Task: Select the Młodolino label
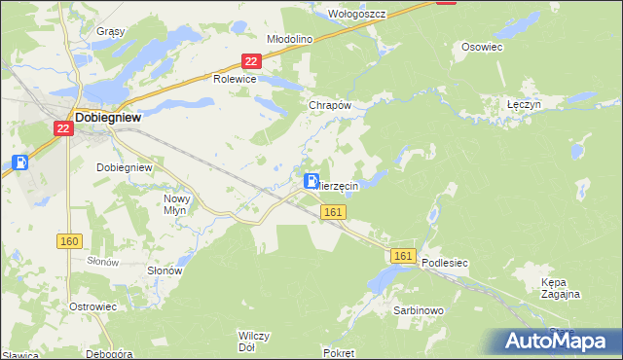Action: point(288,39)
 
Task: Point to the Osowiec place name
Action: point(482,46)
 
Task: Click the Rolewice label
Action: point(235,79)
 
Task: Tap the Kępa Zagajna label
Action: point(560,287)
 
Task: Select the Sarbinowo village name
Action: point(419,310)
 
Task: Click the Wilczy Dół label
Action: point(253,341)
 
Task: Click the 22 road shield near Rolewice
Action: point(251,61)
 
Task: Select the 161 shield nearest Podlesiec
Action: point(405,255)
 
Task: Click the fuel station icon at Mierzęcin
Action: point(311,181)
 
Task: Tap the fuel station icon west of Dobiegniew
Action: point(19,162)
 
